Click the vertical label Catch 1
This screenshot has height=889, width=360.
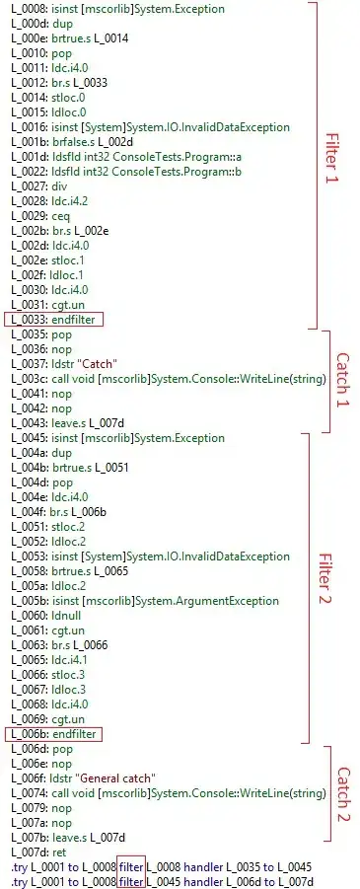click(342, 379)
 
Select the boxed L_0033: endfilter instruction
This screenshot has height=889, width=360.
click(54, 320)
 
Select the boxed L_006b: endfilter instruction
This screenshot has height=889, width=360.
click(54, 735)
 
